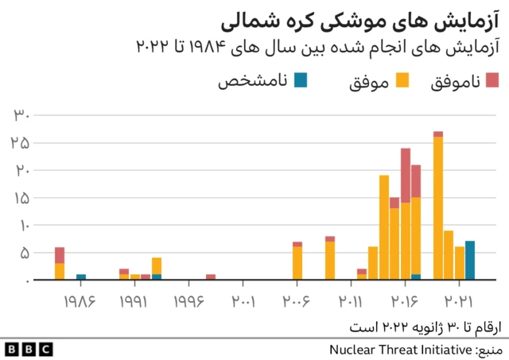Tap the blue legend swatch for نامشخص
coord(301,79)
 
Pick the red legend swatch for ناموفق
coord(492,79)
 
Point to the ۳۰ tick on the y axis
coord(21,115)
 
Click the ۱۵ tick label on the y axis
coord(21,198)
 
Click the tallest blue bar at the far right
coord(470,261)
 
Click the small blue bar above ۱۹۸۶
coord(81,277)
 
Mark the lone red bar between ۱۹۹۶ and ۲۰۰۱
coord(211,277)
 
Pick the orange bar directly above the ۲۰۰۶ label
coord(297,263)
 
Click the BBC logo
coord(28,349)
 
